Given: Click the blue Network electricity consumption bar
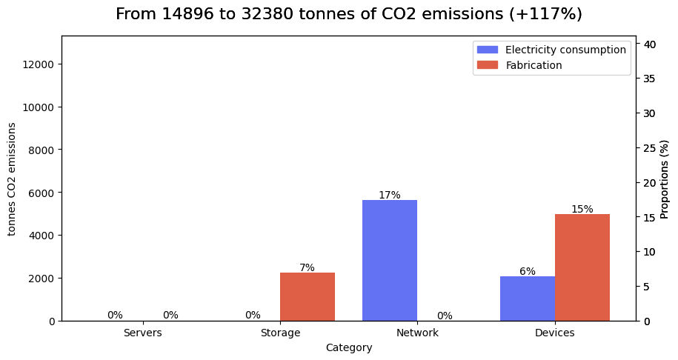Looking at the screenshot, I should tap(390, 260).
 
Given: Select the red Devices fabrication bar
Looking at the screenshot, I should tap(582, 267).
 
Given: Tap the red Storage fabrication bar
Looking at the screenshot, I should tap(308, 296).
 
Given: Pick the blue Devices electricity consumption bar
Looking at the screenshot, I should tap(528, 299).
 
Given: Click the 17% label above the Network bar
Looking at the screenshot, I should tap(390, 196).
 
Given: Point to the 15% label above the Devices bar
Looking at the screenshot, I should tap(582, 210).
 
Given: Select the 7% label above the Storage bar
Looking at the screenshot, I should tap(308, 268).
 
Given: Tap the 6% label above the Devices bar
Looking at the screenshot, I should tap(528, 272).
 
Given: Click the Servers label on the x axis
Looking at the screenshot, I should tap(143, 333).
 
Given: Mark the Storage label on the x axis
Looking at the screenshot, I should tap(280, 333).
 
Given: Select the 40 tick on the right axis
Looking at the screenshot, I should tap(649, 44).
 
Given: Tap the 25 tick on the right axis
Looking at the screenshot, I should tap(649, 148).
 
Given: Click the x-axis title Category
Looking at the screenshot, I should tap(349, 347).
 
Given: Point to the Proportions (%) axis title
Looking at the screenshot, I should tap(665, 179).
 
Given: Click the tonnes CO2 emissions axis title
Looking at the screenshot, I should tap(13, 179).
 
